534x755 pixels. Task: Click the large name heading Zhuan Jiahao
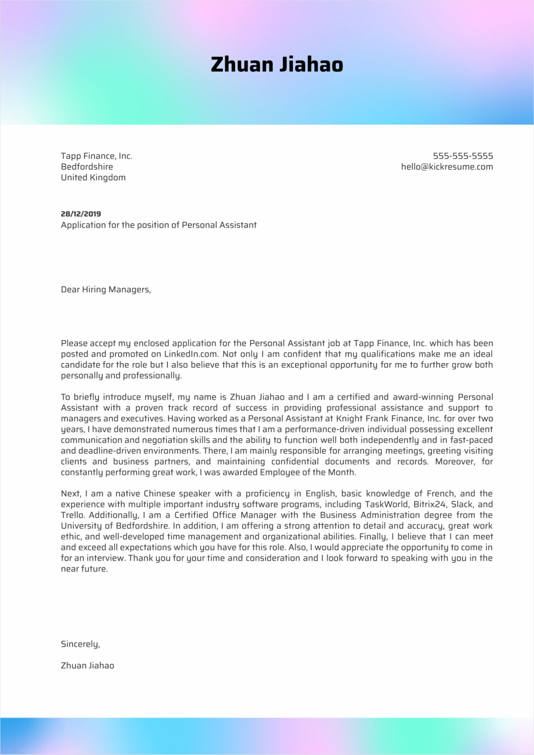(277, 65)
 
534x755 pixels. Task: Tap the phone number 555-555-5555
(462, 156)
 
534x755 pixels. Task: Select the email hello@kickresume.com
(447, 167)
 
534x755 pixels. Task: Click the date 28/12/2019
(81, 214)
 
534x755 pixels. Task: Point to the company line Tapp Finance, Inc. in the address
(96, 156)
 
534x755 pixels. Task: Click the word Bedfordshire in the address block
(87, 167)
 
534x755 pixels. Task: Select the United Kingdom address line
(93, 177)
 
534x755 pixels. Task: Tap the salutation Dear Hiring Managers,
(106, 289)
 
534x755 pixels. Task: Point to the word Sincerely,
(80, 644)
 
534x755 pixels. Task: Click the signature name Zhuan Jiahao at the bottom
(87, 665)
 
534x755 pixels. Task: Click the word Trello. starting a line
(73, 515)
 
